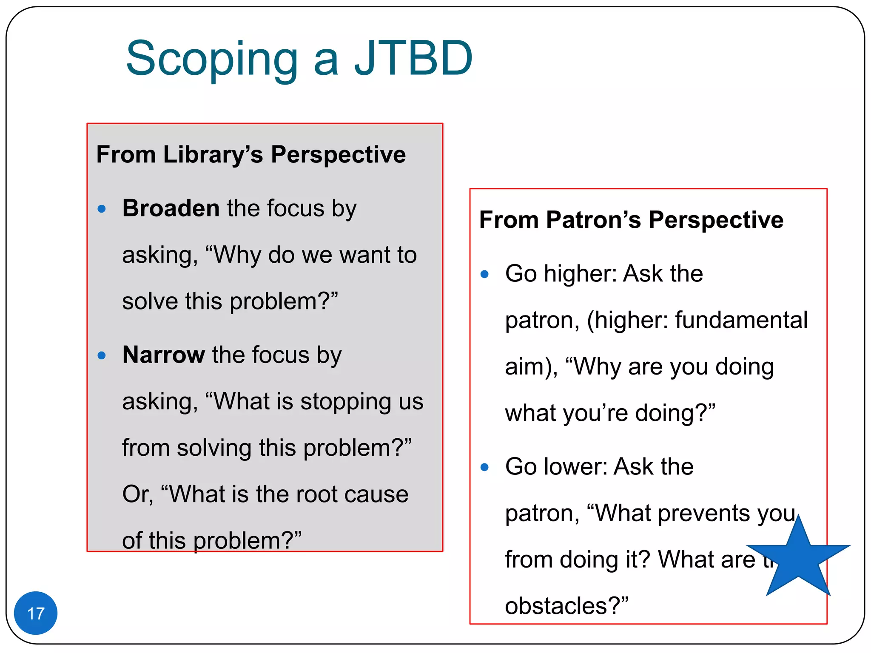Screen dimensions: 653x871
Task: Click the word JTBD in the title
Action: (x=413, y=58)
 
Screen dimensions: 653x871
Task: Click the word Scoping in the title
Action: (x=212, y=60)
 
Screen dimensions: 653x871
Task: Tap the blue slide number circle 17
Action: (x=36, y=613)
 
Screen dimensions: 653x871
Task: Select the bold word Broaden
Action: (x=171, y=208)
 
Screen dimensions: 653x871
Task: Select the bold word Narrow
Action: (x=164, y=355)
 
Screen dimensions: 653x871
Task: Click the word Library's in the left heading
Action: (x=213, y=154)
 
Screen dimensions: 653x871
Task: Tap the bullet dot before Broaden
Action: (x=101, y=209)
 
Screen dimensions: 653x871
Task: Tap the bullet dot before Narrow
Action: (x=101, y=355)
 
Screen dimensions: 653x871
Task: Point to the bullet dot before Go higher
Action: (x=484, y=274)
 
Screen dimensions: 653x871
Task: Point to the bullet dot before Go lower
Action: (x=484, y=467)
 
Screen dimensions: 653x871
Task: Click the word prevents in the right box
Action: (x=697, y=513)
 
